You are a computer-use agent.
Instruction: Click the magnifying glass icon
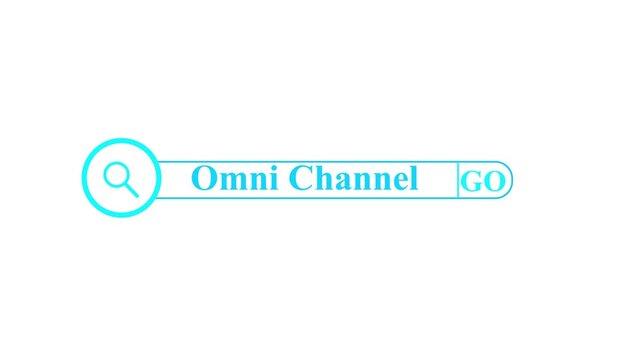pos(120,178)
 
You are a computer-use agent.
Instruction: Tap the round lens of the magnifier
pos(117,175)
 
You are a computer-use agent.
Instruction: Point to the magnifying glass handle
pos(130,189)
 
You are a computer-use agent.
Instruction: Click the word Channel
pos(353,179)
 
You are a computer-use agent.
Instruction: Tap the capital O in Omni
pos(204,179)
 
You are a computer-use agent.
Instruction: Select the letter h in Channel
pos(324,179)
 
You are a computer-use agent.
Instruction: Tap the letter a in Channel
pos(344,182)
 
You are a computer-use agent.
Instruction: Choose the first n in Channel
pos(362,182)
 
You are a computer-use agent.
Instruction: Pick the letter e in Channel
pos(400,182)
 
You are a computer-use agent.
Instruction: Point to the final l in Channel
pos(413,179)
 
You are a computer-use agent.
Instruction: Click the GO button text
pos(483,182)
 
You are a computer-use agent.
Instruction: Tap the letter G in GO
pos(472,182)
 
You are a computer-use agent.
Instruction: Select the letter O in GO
pos(494,182)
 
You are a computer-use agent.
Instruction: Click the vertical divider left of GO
pos(458,180)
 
